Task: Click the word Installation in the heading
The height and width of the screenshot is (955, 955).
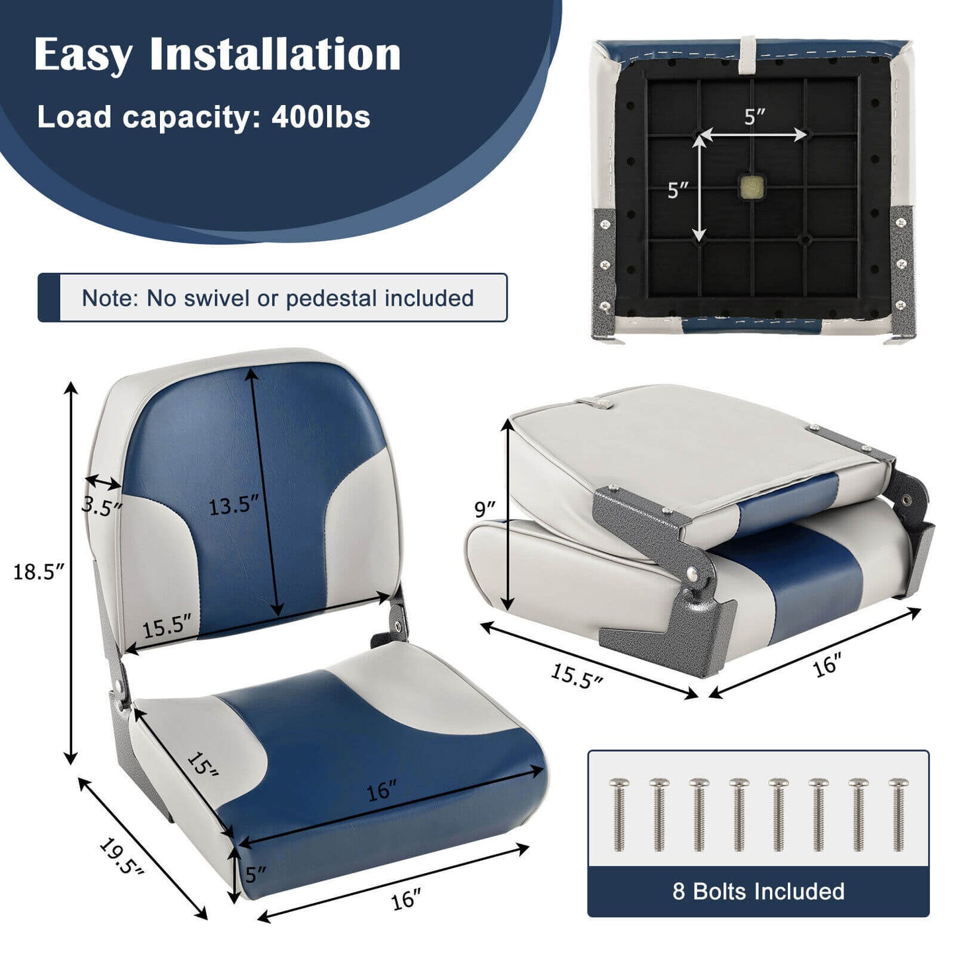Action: tap(275, 54)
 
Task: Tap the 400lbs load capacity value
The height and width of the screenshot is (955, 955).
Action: tap(321, 117)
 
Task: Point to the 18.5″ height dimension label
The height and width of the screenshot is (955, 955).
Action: tap(38, 572)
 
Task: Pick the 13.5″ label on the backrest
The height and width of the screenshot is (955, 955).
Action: tap(233, 506)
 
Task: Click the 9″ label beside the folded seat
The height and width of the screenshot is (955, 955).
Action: tap(484, 509)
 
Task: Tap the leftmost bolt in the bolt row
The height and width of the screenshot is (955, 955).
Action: tap(619, 814)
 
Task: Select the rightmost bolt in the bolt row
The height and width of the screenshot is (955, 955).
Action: tap(898, 814)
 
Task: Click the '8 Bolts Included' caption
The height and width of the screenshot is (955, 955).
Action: tap(758, 891)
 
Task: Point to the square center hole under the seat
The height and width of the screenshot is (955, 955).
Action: tap(751, 187)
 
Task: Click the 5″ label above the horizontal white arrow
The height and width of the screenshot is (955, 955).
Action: tap(754, 117)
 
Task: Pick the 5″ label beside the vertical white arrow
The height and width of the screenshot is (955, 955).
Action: tap(677, 190)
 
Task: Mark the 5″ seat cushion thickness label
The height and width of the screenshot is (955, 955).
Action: tap(255, 874)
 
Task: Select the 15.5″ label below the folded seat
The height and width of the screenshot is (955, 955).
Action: tap(576, 676)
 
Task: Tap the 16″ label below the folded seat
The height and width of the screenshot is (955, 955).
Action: tap(826, 665)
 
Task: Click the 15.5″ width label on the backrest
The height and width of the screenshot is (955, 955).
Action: tap(167, 626)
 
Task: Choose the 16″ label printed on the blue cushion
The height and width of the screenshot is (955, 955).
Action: tap(382, 790)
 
